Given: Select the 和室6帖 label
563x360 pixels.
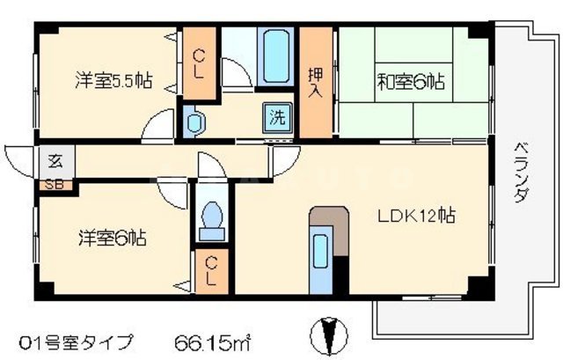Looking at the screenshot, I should pyautogui.click(x=411, y=82).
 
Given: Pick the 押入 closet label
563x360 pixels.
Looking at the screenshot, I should pyautogui.click(x=315, y=81).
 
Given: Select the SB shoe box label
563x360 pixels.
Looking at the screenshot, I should pyautogui.click(x=55, y=186).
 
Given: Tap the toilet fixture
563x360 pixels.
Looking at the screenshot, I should pyautogui.click(x=211, y=220).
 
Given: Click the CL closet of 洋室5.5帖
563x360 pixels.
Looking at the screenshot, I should pyautogui.click(x=200, y=61).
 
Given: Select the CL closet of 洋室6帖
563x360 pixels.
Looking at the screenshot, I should pyautogui.click(x=212, y=273).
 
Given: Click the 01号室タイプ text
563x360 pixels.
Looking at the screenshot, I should pyautogui.click(x=77, y=340).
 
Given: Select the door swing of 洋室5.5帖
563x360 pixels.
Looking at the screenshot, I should pyautogui.click(x=162, y=125).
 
